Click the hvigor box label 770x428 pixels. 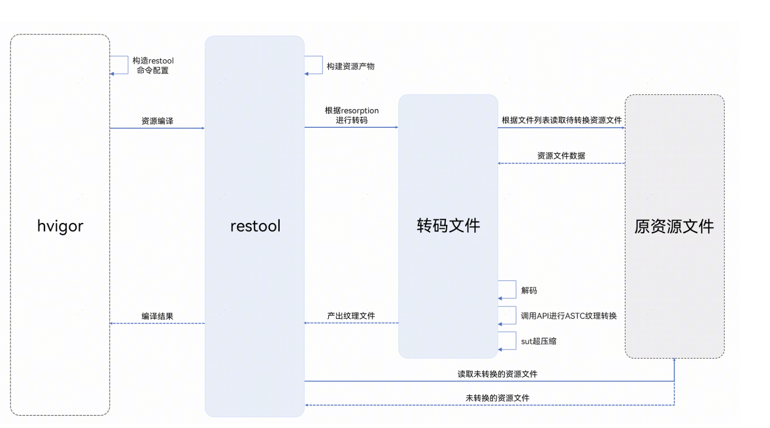coord(60,226)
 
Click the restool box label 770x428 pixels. coord(255,226)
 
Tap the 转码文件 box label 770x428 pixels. coord(448,226)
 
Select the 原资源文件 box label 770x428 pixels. coord(674,227)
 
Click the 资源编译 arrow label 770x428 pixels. coord(157,121)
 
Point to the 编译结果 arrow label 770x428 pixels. coord(157,316)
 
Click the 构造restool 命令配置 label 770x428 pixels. coord(153,65)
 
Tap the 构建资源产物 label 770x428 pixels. coord(351,66)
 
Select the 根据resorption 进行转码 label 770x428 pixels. coord(351,115)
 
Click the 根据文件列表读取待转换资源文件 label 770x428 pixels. coord(561,120)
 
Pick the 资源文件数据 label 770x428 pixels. coord(561,156)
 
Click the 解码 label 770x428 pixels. coord(529,290)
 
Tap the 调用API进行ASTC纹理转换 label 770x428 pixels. coord(568,316)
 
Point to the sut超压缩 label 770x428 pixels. coord(538,341)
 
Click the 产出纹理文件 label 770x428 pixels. coord(351,316)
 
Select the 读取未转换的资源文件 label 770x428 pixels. coord(497,374)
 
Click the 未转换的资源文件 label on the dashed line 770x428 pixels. coord(497,398)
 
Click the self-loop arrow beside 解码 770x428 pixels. coord(509,290)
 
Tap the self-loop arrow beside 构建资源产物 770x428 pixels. coord(315,65)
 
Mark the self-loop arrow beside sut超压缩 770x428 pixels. coord(509,341)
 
